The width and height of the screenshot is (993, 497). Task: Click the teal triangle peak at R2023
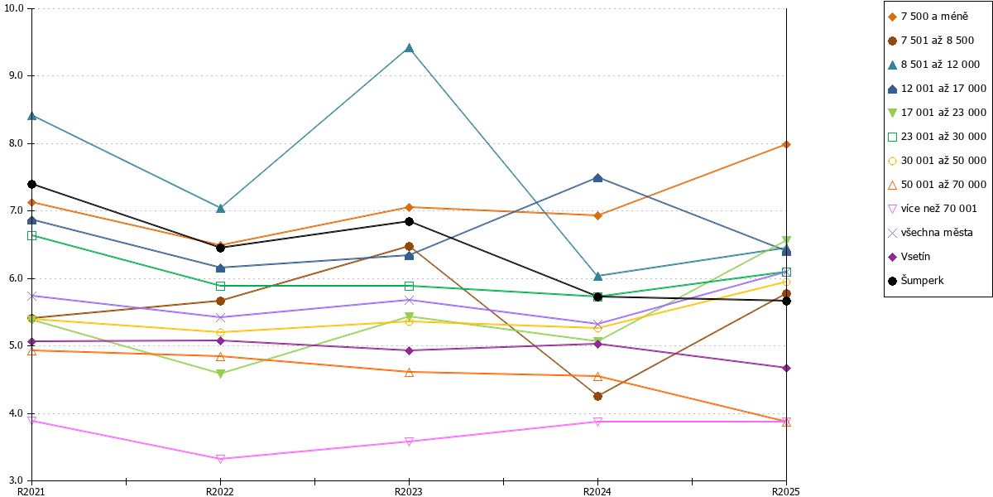pyautogui.click(x=409, y=48)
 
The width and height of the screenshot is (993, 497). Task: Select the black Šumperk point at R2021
pyautogui.click(x=31, y=184)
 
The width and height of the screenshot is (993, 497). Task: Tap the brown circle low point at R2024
pyautogui.click(x=597, y=396)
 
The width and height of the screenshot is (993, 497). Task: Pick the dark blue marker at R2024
pyautogui.click(x=597, y=178)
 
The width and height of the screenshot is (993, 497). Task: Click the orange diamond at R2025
pyautogui.click(x=786, y=145)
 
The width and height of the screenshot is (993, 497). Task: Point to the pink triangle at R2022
pyautogui.click(x=220, y=459)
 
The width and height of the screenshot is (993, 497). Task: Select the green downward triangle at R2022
pyautogui.click(x=220, y=374)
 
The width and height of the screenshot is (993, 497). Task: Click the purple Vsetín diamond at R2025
pyautogui.click(x=786, y=368)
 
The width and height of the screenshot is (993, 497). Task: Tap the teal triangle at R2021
pyautogui.click(x=31, y=116)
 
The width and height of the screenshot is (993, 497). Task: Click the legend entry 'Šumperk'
pyautogui.click(x=922, y=281)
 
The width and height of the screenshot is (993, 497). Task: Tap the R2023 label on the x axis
pyautogui.click(x=409, y=492)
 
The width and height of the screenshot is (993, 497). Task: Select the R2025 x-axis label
pyautogui.click(x=785, y=492)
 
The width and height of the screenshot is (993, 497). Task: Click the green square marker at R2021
pyautogui.click(x=31, y=235)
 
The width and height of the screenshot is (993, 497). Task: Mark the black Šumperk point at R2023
pyautogui.click(x=409, y=221)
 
